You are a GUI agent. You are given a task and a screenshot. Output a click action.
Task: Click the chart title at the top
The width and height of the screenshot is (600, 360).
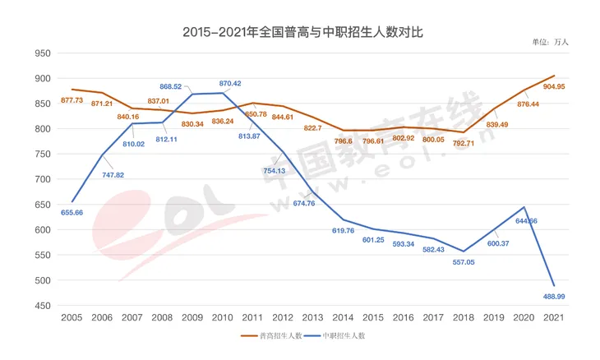299,32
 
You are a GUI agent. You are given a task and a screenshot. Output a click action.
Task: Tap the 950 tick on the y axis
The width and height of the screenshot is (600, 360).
42,53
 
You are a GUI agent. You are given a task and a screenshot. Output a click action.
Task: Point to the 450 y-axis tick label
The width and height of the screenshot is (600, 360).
42,306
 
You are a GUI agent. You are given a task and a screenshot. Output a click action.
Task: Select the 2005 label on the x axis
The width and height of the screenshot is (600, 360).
72,318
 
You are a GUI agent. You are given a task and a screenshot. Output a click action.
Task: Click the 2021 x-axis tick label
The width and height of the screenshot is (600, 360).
554,318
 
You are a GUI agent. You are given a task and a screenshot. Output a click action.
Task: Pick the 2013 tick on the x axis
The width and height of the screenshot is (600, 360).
313,318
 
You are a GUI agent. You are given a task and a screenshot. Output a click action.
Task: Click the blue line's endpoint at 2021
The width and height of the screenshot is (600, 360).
554,286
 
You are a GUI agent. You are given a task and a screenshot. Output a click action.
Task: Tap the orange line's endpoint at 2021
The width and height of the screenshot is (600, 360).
554,76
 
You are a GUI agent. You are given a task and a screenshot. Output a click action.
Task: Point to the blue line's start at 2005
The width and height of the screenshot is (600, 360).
72,201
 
